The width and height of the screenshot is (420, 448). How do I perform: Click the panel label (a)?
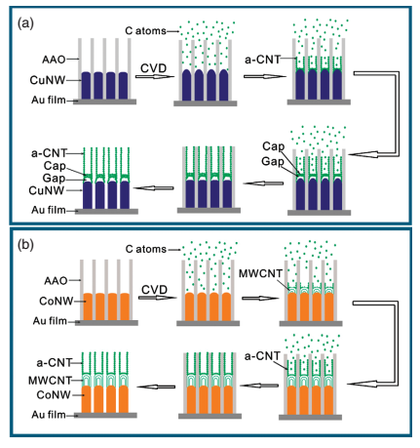click(25, 23)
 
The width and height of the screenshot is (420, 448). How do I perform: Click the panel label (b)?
click(25, 245)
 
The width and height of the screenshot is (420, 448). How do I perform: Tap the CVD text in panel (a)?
click(154, 68)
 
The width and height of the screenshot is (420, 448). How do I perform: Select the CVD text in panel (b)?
click(155, 290)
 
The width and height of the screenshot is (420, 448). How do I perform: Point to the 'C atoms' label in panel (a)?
click(145, 31)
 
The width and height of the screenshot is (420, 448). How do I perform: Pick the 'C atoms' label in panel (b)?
click(146, 249)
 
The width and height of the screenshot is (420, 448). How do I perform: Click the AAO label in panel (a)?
click(54, 60)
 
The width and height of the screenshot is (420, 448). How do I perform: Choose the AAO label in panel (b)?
click(56, 280)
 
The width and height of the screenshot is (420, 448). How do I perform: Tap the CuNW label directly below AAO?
click(48, 80)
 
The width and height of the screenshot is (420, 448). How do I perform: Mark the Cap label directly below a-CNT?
click(55, 166)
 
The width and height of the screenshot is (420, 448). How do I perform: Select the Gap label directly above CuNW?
click(54, 179)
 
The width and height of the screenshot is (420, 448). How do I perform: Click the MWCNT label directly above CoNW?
click(50, 381)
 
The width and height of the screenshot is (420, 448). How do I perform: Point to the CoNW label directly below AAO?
click(57, 301)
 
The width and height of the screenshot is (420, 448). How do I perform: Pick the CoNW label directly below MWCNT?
click(54, 394)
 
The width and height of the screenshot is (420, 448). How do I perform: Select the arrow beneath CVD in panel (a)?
click(155, 77)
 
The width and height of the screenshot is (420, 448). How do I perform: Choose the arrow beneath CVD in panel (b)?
click(158, 298)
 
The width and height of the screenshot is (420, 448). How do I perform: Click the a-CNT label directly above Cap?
click(49, 153)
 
